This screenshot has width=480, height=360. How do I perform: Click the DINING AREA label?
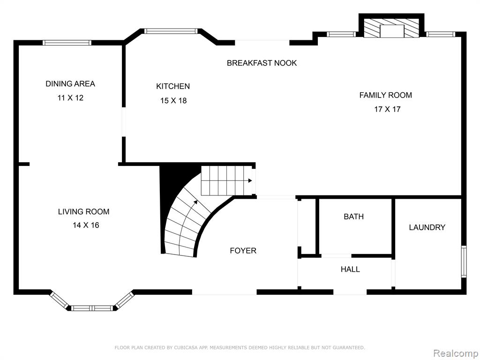tap(70, 83)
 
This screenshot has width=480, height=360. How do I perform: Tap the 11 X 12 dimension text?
tap(70, 98)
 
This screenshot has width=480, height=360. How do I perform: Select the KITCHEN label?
tap(173, 86)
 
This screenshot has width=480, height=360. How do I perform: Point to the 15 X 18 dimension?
tap(173, 100)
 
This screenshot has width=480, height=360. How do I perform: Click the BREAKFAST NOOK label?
tap(262, 63)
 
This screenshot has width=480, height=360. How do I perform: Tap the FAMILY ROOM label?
tap(385, 95)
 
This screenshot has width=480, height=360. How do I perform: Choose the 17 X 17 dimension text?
tap(387, 109)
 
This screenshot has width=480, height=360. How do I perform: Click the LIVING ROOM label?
tap(83, 211)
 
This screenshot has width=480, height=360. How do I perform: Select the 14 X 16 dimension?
tap(86, 225)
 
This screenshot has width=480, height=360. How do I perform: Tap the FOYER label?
tap(243, 251)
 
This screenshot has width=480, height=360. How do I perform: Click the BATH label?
tap(353, 217)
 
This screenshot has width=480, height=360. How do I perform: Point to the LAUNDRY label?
tap(427, 227)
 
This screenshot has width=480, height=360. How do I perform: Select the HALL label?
tap(350, 270)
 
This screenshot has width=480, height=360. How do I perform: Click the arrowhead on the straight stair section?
tap(250, 180)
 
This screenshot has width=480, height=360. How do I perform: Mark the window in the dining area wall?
tap(67, 43)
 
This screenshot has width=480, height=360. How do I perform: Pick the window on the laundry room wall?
tap(464, 262)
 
